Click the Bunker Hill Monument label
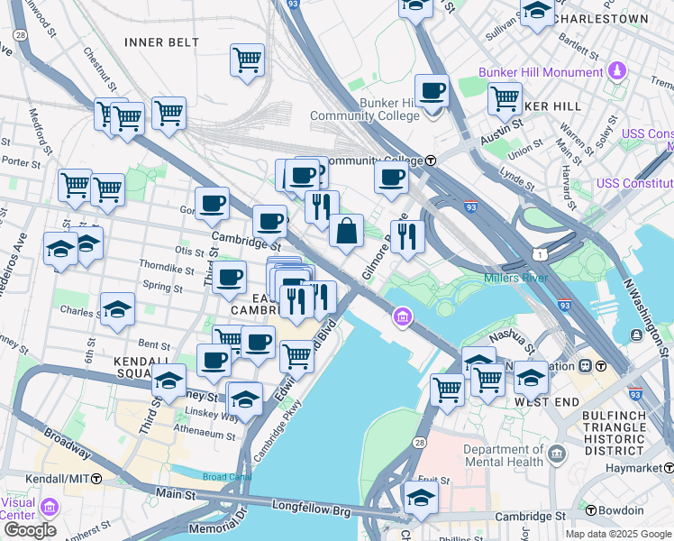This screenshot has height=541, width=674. coord(541,72)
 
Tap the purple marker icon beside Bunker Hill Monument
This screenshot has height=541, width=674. coord(617,70)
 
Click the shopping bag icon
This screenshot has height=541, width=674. coord(347,232)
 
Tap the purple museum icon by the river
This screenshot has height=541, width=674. coord(402,316)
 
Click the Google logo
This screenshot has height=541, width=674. coord(30,529)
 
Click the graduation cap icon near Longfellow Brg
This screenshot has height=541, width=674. coord(421,497)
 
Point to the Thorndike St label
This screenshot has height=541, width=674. coord(167,269)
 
